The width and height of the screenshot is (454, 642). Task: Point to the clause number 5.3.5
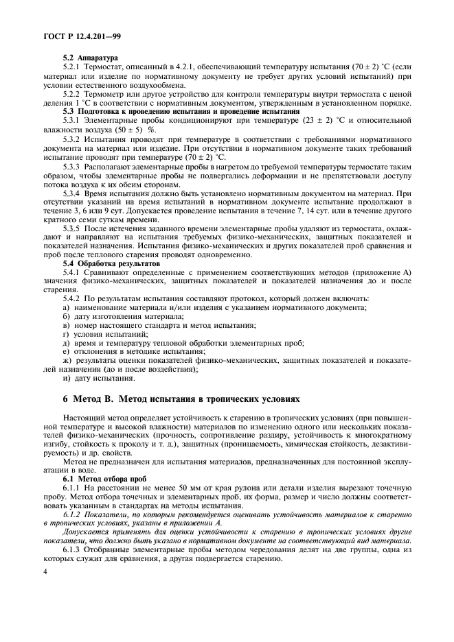(73, 227)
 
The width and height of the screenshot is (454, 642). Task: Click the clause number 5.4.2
(73, 298)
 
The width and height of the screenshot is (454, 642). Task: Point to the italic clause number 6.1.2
(73, 512)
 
